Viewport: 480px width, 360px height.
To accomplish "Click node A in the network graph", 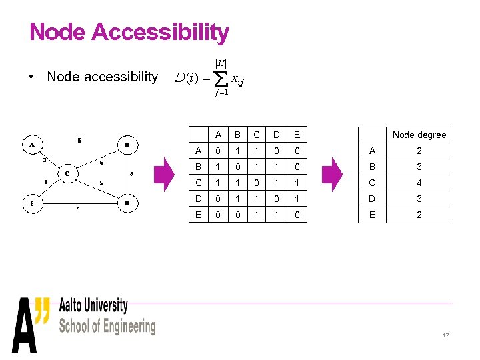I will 32,143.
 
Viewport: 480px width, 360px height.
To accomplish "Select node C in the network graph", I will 68,174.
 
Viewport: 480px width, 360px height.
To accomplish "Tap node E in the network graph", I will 32,203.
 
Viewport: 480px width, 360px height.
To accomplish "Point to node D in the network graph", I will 127,203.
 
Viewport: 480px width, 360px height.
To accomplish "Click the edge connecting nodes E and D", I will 79,203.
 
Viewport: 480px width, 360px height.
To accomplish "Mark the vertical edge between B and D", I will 127,173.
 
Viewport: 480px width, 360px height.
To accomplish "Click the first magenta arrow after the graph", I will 163,174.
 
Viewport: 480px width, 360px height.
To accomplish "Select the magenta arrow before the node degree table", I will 331,174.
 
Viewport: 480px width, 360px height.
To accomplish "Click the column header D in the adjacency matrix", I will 275,135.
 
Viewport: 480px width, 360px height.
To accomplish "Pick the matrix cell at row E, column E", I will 297,215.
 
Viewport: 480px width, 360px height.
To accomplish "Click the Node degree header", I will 419,135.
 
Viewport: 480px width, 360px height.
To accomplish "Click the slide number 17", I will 445,335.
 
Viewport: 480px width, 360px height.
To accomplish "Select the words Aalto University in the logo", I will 93,306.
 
